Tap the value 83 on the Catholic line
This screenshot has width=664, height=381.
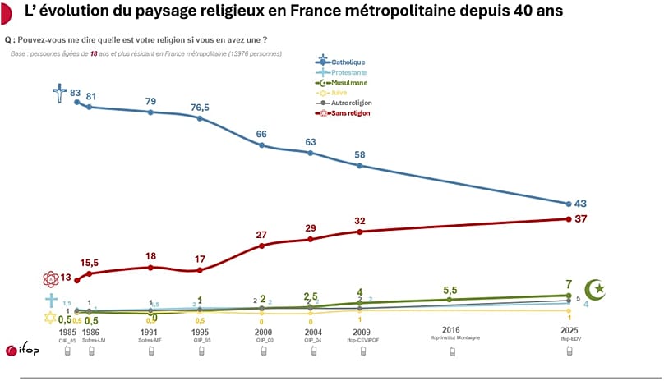(x=75, y=93)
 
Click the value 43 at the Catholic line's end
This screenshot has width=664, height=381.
(x=581, y=203)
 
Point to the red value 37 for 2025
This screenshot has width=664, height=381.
(x=581, y=218)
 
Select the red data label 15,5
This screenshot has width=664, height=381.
(x=89, y=262)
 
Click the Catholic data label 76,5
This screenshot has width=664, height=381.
(x=201, y=107)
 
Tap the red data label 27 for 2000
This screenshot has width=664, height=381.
(x=261, y=234)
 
